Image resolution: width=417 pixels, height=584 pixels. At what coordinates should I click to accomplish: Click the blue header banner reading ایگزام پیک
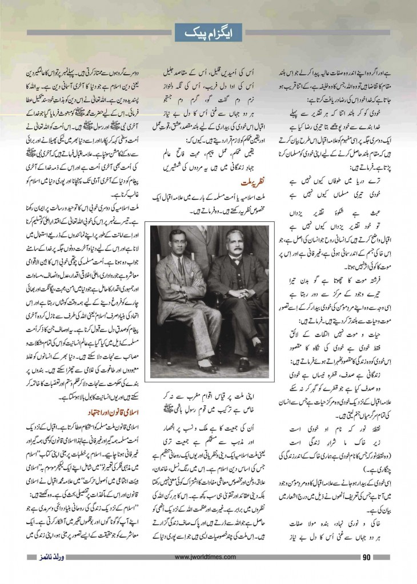[209, 33]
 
